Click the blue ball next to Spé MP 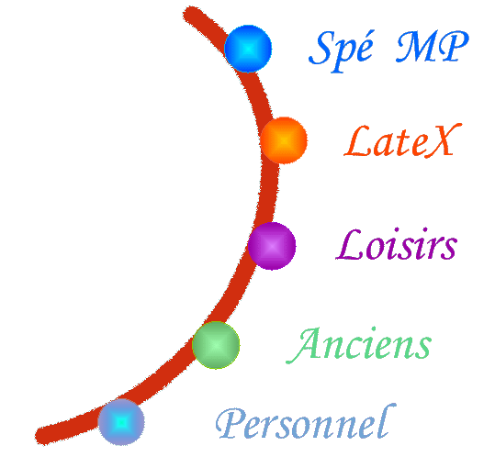(x=248, y=49)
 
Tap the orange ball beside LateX (x=284, y=140)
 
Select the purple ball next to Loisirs (x=272, y=246)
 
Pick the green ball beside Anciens (x=216, y=345)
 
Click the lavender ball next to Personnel (x=121, y=421)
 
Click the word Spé (x=341, y=51)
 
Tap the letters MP (x=433, y=47)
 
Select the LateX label (x=403, y=140)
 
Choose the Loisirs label (x=397, y=244)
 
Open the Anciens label (x=358, y=345)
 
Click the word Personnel (x=306, y=421)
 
